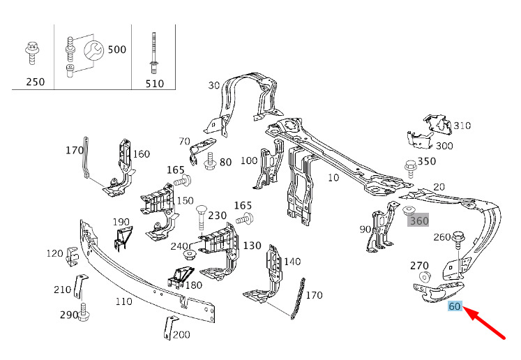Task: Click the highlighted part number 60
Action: point(455,306)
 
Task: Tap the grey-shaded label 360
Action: point(419,220)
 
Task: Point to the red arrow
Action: point(487,323)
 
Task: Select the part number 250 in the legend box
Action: point(35,82)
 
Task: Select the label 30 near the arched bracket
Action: point(214,85)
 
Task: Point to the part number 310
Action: point(462,126)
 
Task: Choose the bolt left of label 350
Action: point(410,167)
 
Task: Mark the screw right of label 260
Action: point(460,238)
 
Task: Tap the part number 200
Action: point(181,334)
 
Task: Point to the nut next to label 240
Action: point(188,254)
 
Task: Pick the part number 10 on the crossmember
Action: point(333,178)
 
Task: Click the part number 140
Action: point(292,262)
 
